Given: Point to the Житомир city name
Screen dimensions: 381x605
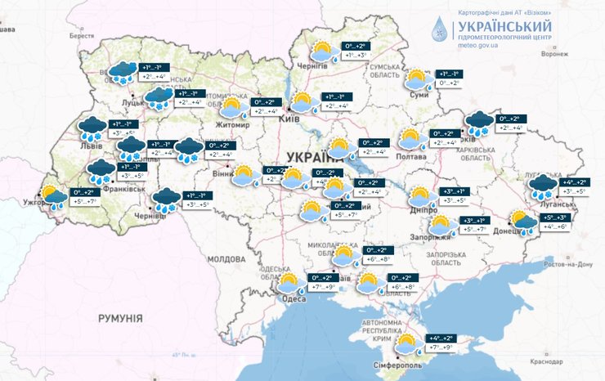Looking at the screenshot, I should pos(234,124).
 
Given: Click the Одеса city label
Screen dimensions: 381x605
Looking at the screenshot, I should pos(294,298).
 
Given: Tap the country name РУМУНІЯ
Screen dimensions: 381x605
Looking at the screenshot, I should pos(120,316).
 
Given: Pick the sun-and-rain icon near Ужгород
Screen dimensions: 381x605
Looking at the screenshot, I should pos(55,197).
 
